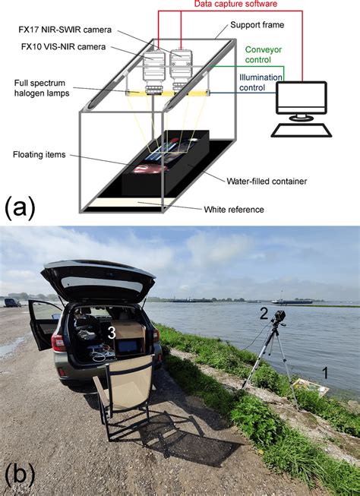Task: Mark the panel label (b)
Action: (21, 476)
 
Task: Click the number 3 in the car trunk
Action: (111, 332)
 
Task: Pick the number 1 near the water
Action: (324, 372)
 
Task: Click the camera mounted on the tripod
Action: (278, 319)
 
